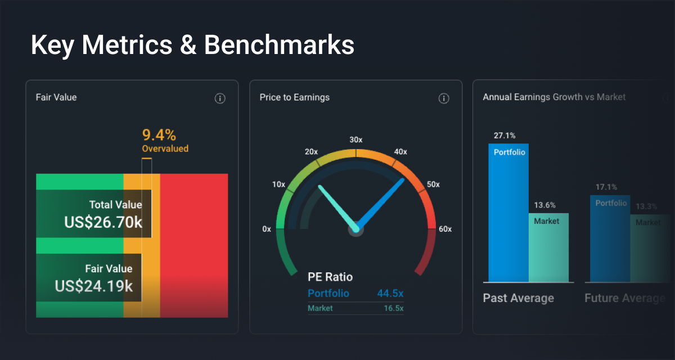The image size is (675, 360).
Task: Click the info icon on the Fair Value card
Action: pyautogui.click(x=220, y=98)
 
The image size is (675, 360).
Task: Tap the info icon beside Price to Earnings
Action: pyautogui.click(x=444, y=98)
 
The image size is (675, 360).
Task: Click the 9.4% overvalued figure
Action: pyautogui.click(x=159, y=135)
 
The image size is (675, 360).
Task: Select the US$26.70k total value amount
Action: pyautogui.click(x=103, y=222)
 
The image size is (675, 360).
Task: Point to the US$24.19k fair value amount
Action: pyautogui.click(x=94, y=286)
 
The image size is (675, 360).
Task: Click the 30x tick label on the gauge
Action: pyautogui.click(x=355, y=139)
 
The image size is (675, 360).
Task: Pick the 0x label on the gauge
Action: pyautogui.click(x=267, y=229)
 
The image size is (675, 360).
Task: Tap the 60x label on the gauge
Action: pyautogui.click(x=445, y=229)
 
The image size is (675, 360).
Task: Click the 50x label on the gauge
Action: pyautogui.click(x=433, y=184)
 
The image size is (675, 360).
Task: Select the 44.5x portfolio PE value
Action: pyautogui.click(x=390, y=293)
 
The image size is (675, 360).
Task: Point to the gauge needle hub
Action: pyautogui.click(x=355, y=229)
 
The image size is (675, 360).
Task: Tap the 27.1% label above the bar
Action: pyautogui.click(x=505, y=136)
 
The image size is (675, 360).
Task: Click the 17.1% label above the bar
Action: pyautogui.click(x=606, y=187)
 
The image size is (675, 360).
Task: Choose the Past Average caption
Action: pyautogui.click(x=519, y=298)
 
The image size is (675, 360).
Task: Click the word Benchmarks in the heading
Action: pyautogui.click(x=279, y=45)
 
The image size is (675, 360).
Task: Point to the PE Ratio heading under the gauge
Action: pyautogui.click(x=330, y=277)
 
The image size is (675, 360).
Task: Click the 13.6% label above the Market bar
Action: pyautogui.click(x=545, y=205)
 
